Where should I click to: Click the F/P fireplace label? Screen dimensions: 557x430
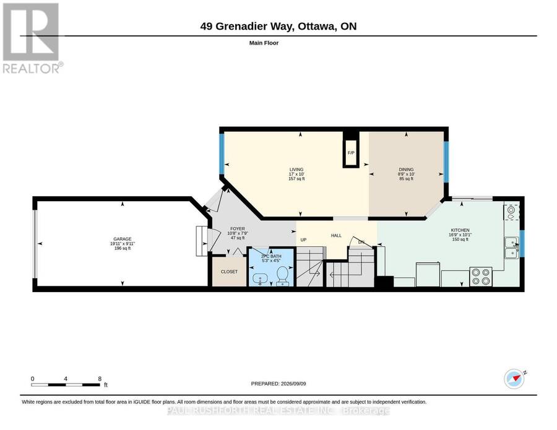351,153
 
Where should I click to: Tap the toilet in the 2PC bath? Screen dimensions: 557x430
283,276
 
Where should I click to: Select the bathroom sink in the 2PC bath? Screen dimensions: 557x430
260,280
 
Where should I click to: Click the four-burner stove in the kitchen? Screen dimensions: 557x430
481,277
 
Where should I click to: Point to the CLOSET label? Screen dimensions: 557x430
229,272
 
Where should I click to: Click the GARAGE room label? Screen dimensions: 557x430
122,239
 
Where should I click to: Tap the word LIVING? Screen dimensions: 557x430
296,170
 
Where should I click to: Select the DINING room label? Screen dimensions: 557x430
406,170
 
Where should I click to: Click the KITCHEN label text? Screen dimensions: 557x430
460,230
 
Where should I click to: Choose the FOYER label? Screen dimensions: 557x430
238,229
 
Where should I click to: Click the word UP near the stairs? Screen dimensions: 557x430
303,239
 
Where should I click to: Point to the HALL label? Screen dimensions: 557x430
336,235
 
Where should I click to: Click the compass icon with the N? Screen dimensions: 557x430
514,379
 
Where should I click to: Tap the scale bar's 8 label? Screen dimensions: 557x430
100,379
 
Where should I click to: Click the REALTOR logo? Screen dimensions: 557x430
33,38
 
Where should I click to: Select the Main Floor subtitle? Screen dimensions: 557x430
264,43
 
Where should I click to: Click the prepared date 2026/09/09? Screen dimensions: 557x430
293,384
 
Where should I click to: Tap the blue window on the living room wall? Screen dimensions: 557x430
222,153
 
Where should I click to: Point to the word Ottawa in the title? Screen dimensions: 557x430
317,26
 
